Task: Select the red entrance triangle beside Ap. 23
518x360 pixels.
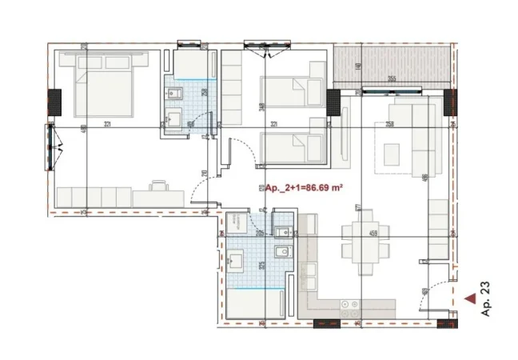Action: click(x=471, y=300)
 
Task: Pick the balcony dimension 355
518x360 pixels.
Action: click(x=392, y=78)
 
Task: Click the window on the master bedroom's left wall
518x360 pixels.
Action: click(x=50, y=146)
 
